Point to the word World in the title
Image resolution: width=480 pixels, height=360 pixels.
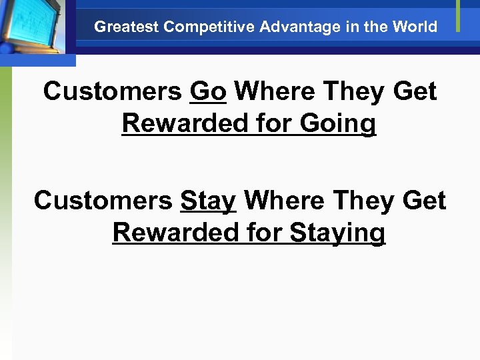point(416,27)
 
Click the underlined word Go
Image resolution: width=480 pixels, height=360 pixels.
point(208,92)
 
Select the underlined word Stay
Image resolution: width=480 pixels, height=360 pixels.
point(208,200)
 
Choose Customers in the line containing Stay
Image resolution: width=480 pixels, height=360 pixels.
point(103,200)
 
